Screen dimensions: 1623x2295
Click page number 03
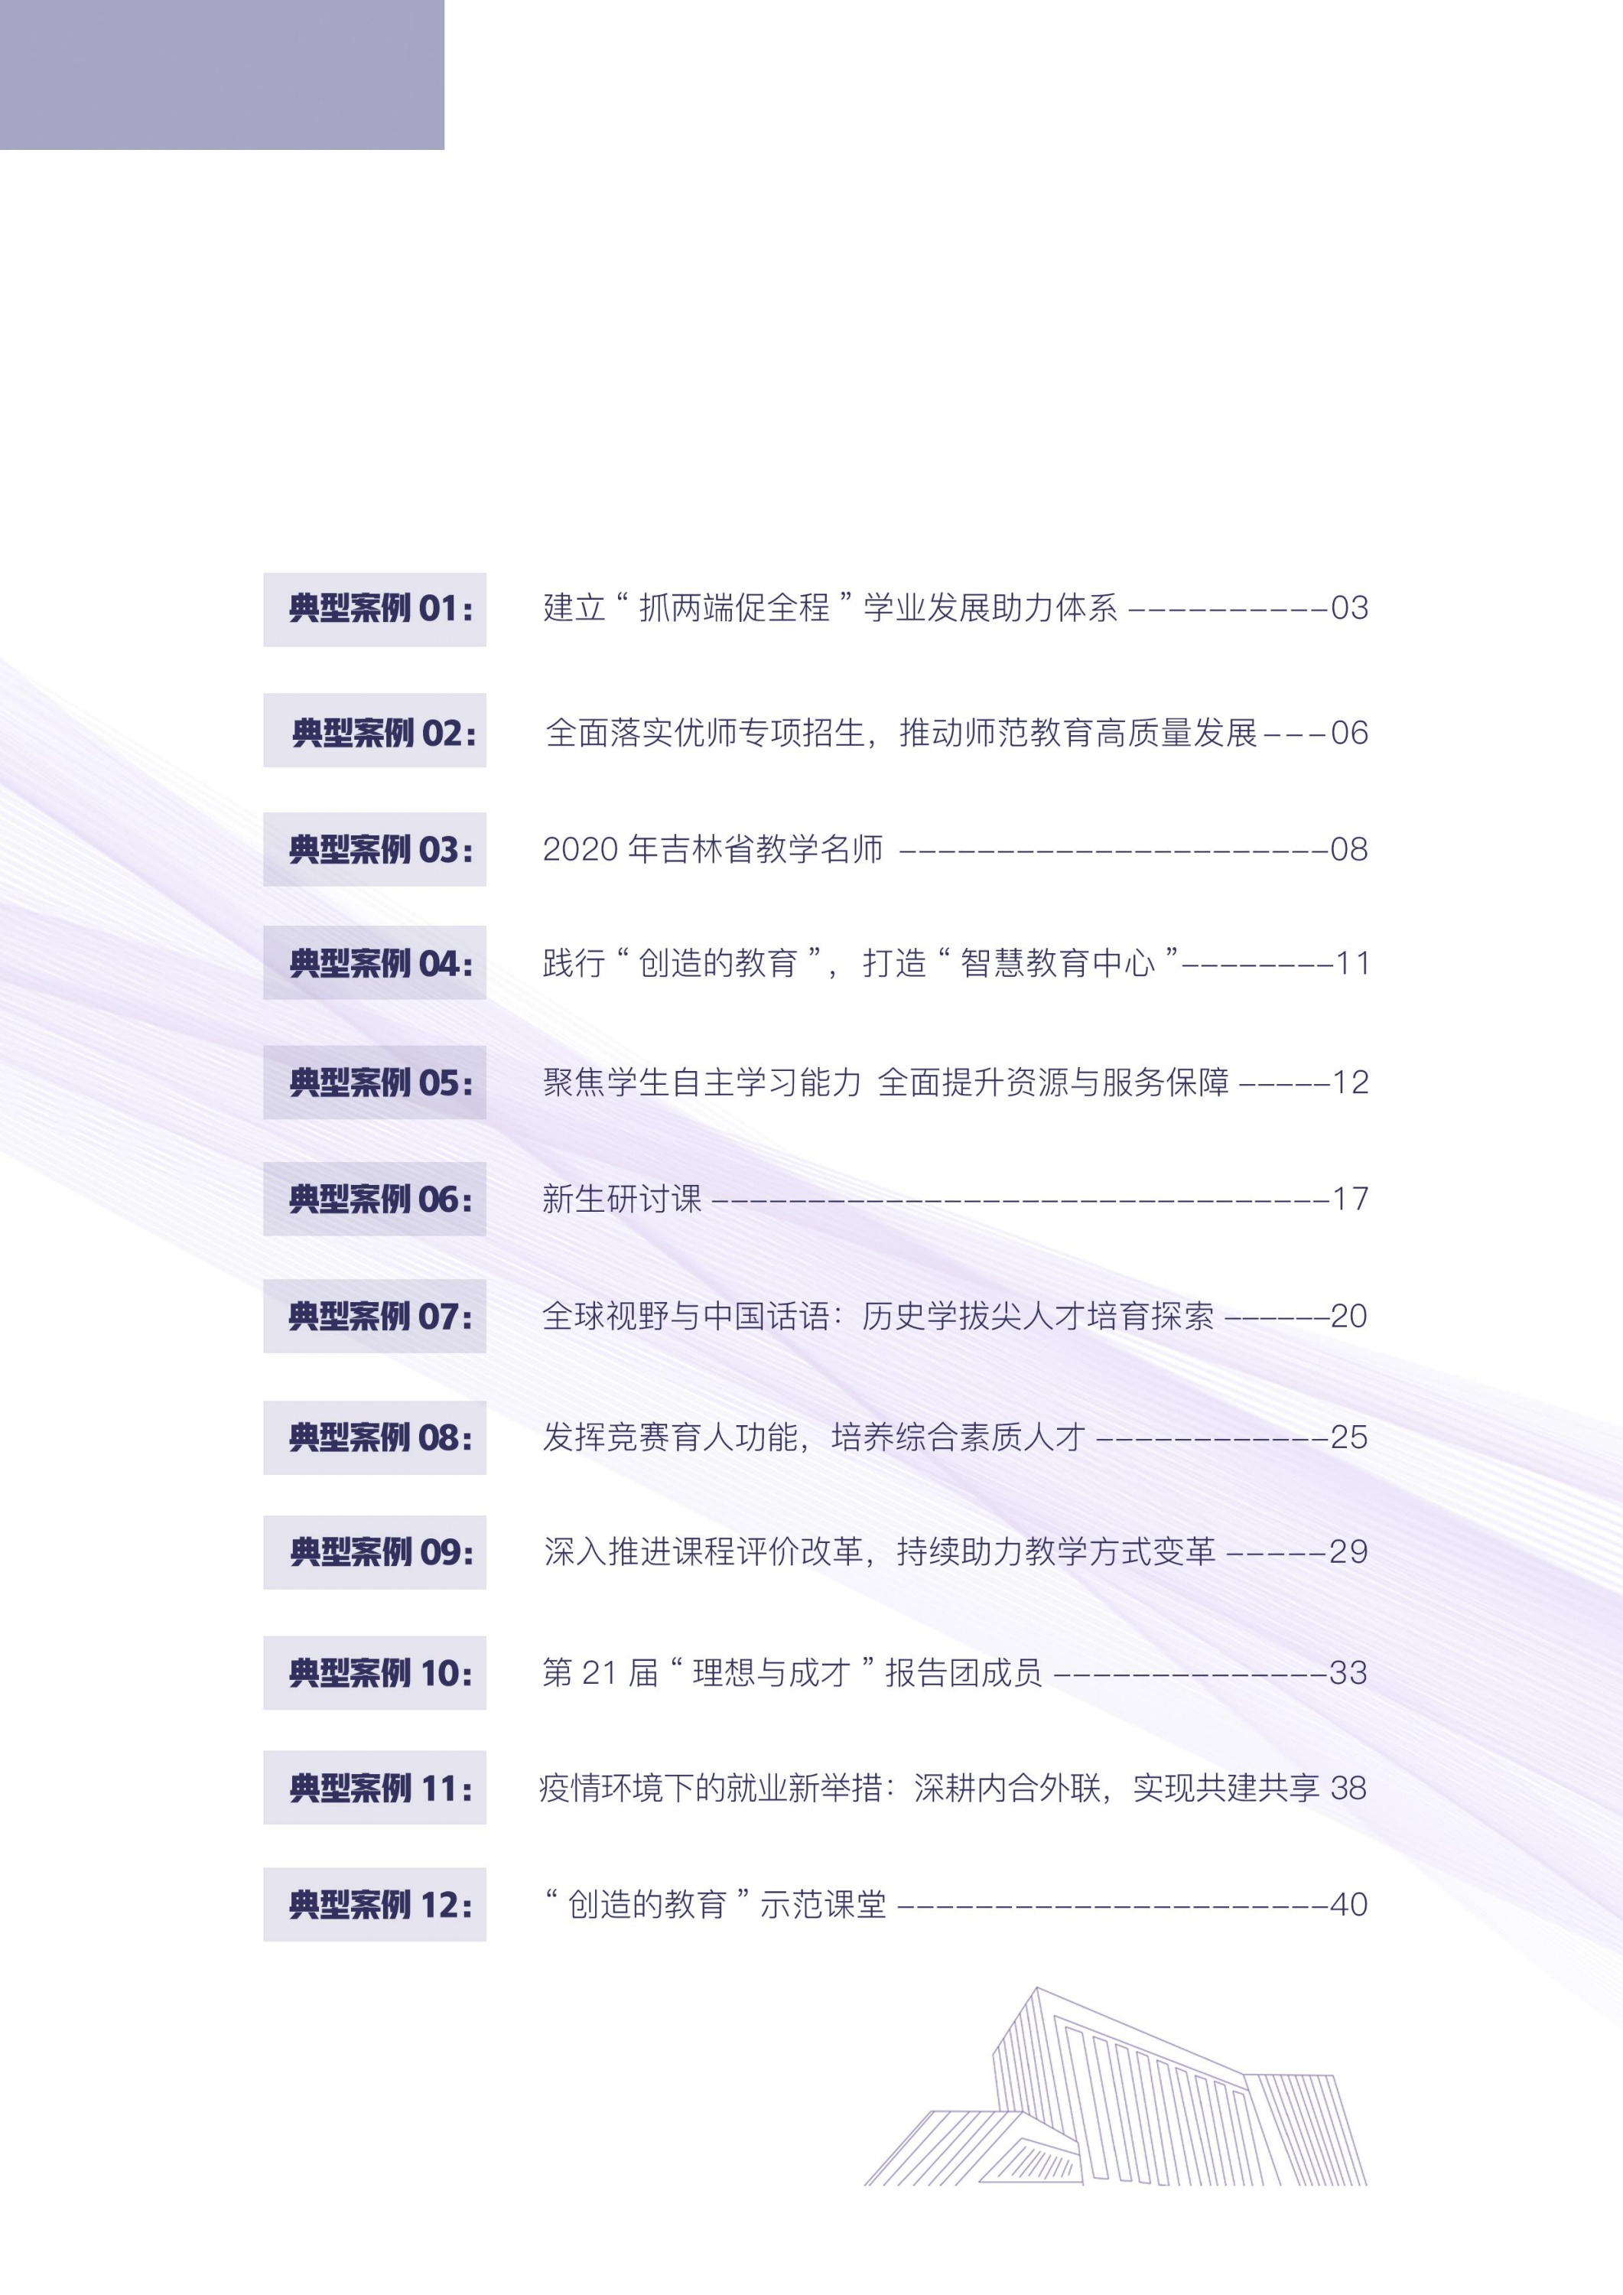1349,607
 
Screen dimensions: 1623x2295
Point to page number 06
1349,733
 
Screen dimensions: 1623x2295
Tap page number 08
1349,850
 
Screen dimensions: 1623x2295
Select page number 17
1350,1199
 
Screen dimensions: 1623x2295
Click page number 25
1349,1437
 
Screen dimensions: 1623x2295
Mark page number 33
1348,1673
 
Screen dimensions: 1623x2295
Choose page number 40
1348,1904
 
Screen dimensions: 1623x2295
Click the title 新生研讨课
622,1199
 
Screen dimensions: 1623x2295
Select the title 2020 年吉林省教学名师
713,850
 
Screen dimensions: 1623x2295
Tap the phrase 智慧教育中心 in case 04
1057,964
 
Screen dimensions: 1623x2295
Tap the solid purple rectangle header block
222,75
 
